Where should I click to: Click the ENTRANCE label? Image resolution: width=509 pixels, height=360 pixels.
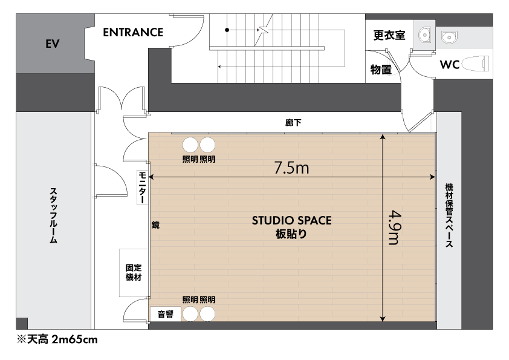(x=133, y=32)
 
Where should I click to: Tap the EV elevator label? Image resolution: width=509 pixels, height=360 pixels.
(x=52, y=44)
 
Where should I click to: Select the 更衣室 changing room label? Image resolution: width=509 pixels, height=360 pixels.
(x=389, y=34)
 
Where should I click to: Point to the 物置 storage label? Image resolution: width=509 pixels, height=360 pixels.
(x=381, y=69)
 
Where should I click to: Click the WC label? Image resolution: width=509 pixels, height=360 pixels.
(x=450, y=64)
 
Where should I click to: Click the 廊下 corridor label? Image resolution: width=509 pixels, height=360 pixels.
(x=293, y=122)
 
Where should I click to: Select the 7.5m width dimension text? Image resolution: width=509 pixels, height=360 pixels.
(x=291, y=168)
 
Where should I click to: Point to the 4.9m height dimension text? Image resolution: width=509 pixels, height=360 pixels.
(x=395, y=227)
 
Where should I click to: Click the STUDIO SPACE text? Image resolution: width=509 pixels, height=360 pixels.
(x=291, y=221)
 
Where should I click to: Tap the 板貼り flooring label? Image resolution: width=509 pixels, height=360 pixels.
(x=291, y=234)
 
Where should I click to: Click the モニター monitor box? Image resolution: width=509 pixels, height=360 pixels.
(x=142, y=187)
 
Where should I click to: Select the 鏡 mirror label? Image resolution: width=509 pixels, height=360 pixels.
(x=155, y=225)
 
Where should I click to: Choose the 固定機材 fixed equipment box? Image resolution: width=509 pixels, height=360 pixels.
(x=134, y=273)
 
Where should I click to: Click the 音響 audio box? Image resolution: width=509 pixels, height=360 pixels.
(x=165, y=314)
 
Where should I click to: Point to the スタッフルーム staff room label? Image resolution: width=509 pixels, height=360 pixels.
(x=53, y=215)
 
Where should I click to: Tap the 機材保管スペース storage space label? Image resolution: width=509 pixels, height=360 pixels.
(x=449, y=215)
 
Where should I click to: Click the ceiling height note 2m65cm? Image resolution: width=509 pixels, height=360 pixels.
(x=75, y=339)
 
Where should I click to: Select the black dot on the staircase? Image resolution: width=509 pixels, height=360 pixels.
(x=227, y=30)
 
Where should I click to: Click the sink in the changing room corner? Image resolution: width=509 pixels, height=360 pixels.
(x=424, y=34)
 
